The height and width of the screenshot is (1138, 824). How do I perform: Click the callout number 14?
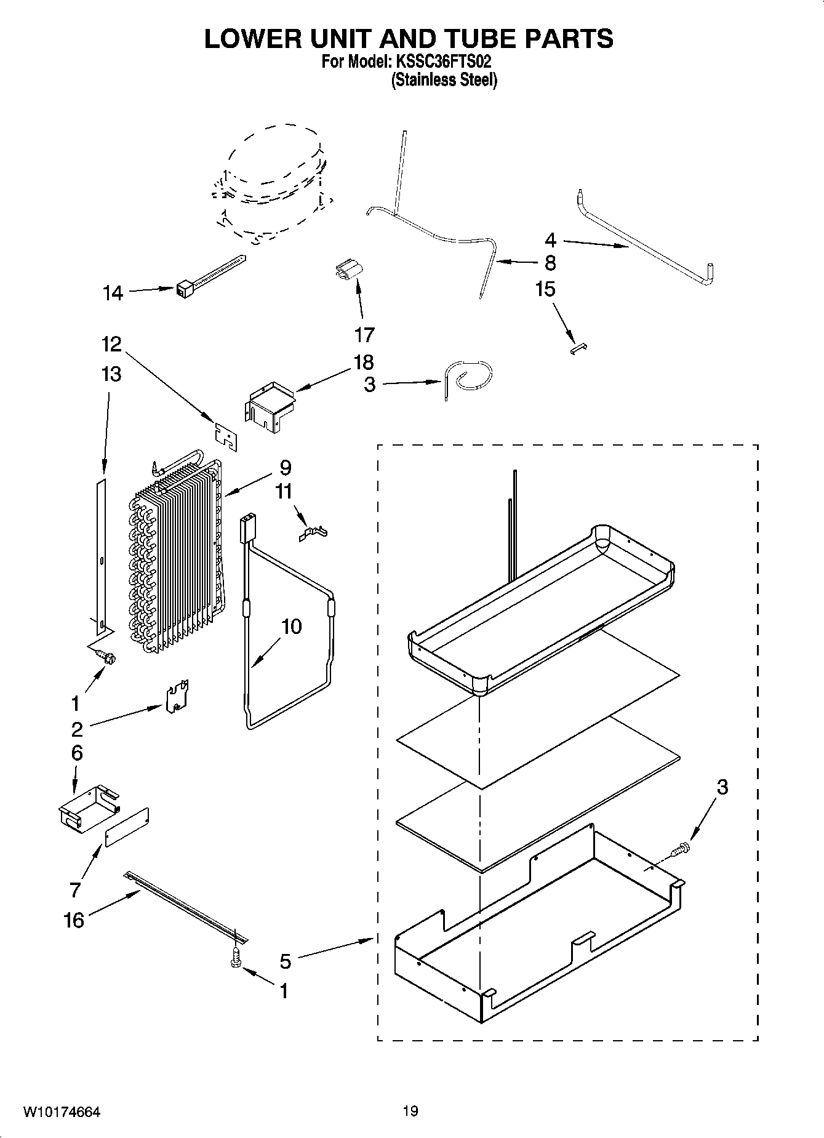(x=113, y=293)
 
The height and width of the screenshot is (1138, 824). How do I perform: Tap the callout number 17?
(x=364, y=335)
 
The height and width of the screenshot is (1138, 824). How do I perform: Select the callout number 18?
(x=364, y=362)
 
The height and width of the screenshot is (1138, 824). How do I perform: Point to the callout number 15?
(x=545, y=289)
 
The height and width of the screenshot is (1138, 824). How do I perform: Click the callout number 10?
(x=292, y=627)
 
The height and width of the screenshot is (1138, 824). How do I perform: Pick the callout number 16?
(x=74, y=920)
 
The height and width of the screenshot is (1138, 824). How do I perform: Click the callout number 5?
(x=285, y=960)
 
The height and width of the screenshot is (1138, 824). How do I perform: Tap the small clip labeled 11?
(x=313, y=532)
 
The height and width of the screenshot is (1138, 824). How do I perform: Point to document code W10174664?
(x=62, y=1112)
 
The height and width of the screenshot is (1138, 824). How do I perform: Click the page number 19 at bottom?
(x=410, y=1111)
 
